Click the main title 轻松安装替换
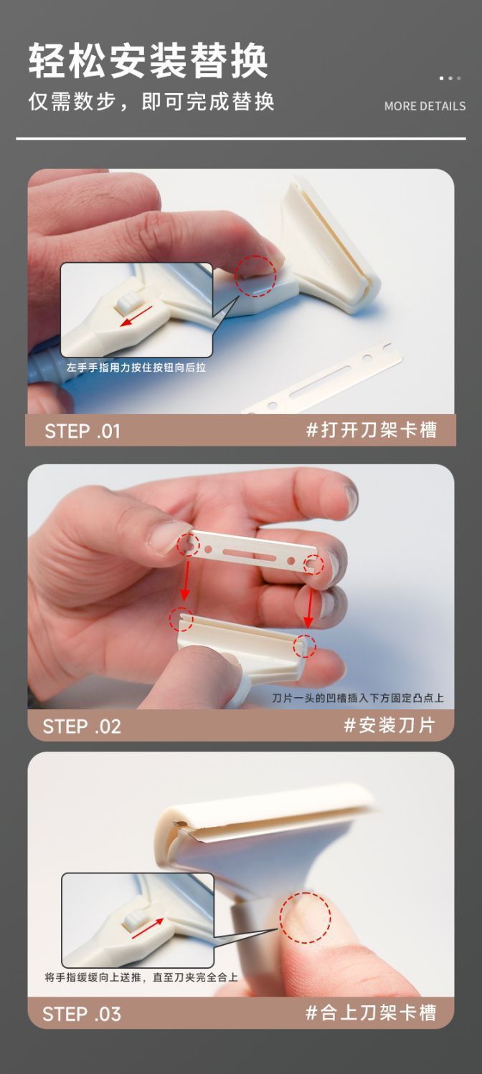[148, 60]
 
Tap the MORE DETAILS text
[425, 106]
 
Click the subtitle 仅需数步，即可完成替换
[151, 102]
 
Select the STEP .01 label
[82, 431]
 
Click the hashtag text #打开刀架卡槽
[372, 430]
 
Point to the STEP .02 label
[82, 727]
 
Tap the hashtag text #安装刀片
[389, 725]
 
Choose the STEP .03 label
[82, 1014]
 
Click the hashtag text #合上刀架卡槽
[371, 1012]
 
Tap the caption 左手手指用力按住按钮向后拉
[136, 368]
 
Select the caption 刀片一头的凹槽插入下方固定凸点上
[358, 698]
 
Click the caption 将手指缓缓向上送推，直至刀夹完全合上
[141, 977]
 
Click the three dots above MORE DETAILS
[450, 78]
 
